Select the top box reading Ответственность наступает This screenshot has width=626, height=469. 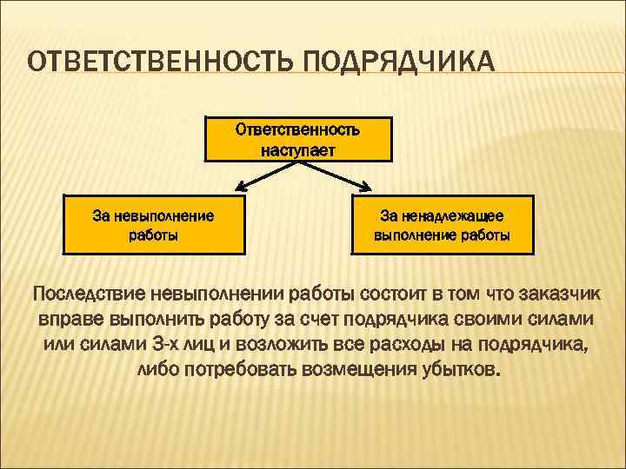point(298,140)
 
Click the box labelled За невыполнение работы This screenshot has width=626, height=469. point(153,224)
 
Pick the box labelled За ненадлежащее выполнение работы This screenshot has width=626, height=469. point(443,224)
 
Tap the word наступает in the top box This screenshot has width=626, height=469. point(298,150)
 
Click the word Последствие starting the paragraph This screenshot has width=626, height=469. point(88,293)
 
